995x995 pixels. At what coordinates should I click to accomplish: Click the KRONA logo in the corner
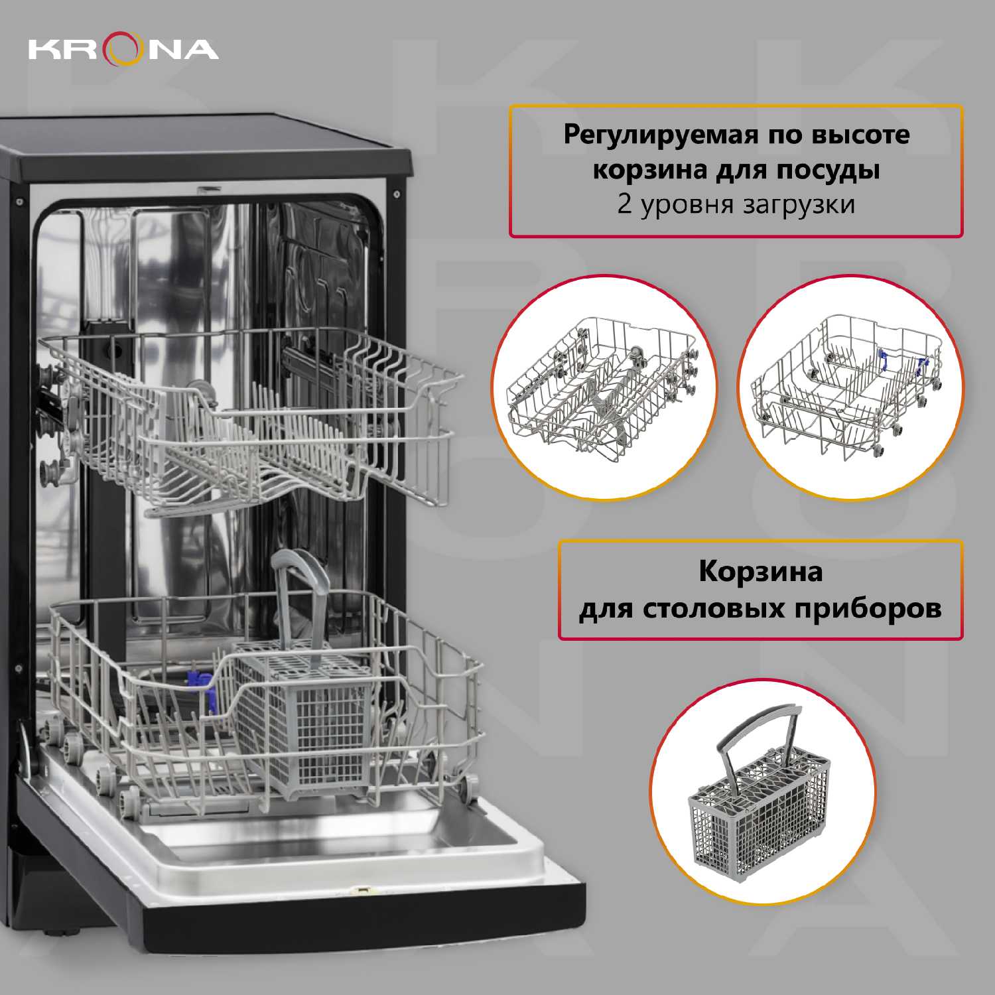[123, 50]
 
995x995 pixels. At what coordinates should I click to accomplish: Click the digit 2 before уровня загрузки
[624, 204]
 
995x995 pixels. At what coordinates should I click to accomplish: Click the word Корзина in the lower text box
[760, 572]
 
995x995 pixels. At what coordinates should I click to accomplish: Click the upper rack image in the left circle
[602, 388]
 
